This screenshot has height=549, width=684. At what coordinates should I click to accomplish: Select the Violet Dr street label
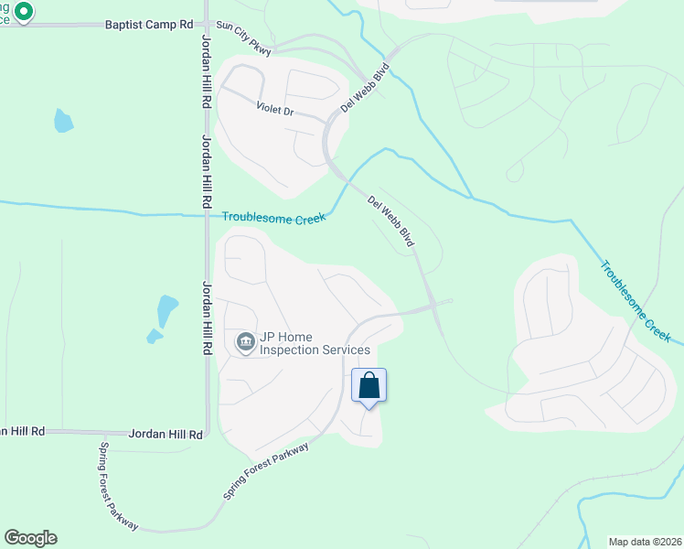coord(274,111)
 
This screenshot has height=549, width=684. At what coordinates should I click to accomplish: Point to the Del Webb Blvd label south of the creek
coord(391,221)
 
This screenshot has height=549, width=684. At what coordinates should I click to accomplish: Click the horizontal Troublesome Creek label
coord(274,217)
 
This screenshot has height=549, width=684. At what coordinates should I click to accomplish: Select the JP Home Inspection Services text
coord(315,343)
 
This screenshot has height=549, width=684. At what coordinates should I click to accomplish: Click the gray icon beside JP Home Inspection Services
coord(245,343)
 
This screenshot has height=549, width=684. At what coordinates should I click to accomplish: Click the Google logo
coord(30,538)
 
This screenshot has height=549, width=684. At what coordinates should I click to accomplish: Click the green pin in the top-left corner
coord(25,13)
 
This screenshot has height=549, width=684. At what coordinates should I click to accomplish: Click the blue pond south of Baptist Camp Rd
coord(62,120)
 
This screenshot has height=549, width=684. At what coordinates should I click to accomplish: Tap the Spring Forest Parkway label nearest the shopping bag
coord(267,468)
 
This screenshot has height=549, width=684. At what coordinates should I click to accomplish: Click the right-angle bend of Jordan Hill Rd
coord(208,432)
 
